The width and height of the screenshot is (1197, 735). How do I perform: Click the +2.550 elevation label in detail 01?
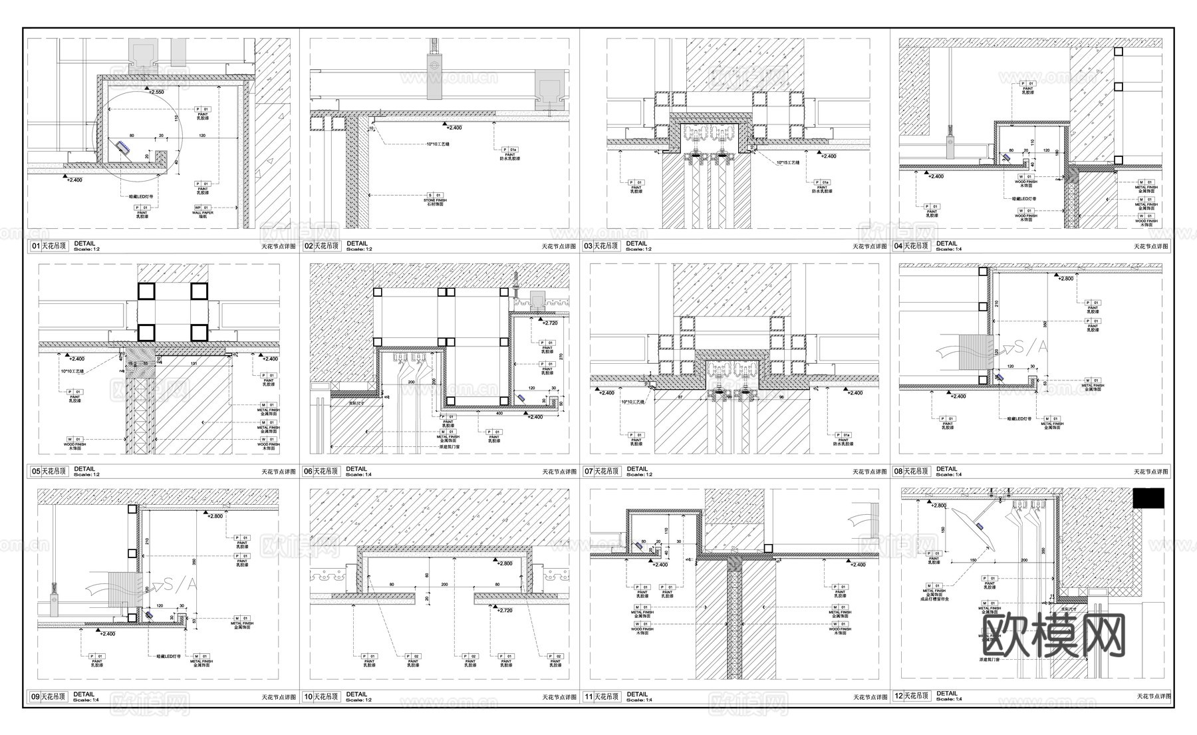(156, 92)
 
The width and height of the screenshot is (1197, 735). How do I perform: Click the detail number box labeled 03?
(588, 246)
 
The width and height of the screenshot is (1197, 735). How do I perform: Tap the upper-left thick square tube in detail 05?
(145, 291)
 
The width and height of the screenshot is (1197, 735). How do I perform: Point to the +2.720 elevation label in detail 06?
(549, 323)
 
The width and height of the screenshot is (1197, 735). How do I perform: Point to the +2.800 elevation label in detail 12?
(938, 506)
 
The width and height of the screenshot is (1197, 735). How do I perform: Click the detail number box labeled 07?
(588, 472)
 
